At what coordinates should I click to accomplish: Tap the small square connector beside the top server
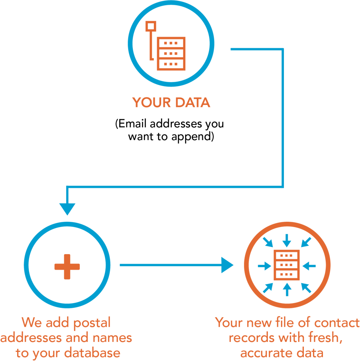(x=151, y=27)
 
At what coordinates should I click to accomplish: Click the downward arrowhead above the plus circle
(x=67, y=209)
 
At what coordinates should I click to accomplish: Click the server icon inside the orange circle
(x=287, y=265)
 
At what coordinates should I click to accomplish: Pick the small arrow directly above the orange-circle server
(x=287, y=241)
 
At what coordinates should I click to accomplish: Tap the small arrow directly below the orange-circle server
(x=287, y=289)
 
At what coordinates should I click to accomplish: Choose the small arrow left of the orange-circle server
(x=263, y=265)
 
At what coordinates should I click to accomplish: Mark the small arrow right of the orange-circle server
(x=311, y=265)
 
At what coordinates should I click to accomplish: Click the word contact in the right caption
(x=339, y=323)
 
